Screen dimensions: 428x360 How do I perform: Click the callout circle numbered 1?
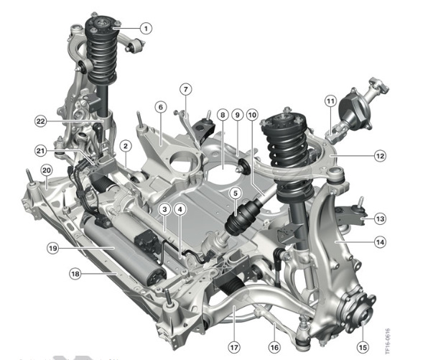click(x=146, y=28)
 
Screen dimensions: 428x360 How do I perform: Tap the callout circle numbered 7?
click(x=185, y=89)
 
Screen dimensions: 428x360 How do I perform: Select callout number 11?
click(x=330, y=101)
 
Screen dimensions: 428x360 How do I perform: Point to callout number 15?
click(x=363, y=348)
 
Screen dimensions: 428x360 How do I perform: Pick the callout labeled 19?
click(x=53, y=249)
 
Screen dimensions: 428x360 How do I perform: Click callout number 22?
click(x=41, y=121)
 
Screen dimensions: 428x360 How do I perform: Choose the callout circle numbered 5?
click(x=236, y=194)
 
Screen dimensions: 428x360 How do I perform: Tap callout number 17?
click(x=234, y=348)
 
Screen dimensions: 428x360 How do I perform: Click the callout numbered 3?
click(x=164, y=210)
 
